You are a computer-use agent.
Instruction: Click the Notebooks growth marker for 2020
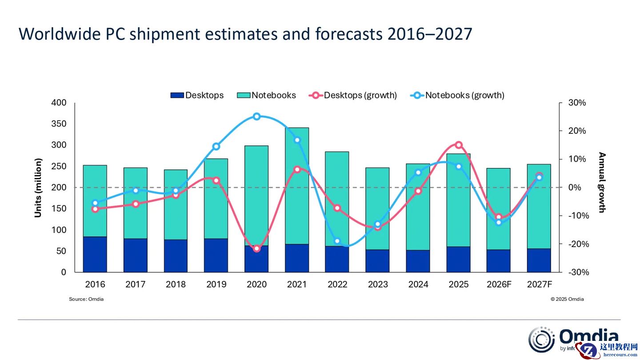[256, 116]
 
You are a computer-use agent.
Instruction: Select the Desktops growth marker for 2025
[459, 145]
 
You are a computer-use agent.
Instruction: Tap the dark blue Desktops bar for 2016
[95, 254]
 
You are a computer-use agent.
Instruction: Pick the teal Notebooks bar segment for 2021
[297, 186]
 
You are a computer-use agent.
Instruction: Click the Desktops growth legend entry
[353, 95]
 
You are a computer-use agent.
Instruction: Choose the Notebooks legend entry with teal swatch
[266, 95]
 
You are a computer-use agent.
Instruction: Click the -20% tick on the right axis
[577, 244]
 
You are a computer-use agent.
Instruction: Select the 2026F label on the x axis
[499, 284]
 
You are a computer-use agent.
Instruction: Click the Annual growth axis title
[602, 183]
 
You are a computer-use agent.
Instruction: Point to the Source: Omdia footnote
[86, 299]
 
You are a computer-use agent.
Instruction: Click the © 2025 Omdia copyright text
[567, 299]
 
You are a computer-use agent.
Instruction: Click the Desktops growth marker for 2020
[256, 248]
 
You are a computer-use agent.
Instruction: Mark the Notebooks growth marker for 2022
[337, 241]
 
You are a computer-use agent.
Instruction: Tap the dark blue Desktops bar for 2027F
[539, 260]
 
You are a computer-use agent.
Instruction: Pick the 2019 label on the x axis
[216, 284]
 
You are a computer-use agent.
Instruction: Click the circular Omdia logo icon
[541, 340]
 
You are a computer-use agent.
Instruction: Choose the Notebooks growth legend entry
[457, 95]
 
